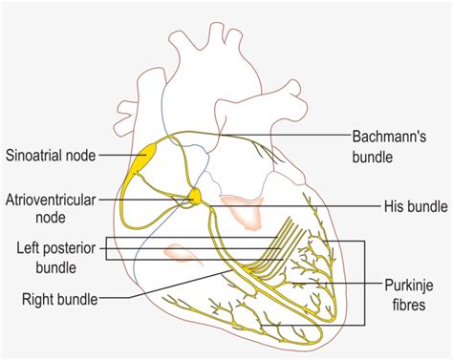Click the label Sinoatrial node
click(x=48, y=154)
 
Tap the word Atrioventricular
click(x=48, y=202)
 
